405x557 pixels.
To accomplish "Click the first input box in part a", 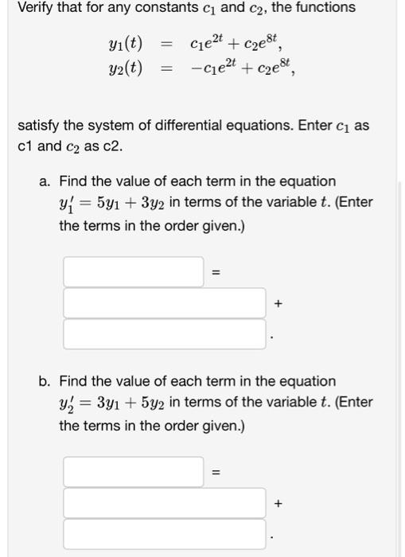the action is (134, 271).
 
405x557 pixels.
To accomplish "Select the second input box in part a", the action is (164, 302).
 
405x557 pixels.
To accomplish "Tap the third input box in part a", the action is (164, 333).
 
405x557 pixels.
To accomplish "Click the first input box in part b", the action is (134, 472).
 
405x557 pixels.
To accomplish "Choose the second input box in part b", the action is (164, 503).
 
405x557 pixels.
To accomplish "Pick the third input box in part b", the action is (164, 534).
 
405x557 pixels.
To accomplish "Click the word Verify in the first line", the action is (37, 8).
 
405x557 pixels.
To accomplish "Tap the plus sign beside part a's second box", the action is (277, 303).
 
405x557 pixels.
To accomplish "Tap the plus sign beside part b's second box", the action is (277, 504).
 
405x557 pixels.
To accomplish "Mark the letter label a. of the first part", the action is (45, 181).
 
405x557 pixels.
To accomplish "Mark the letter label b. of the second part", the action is (45, 382).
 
